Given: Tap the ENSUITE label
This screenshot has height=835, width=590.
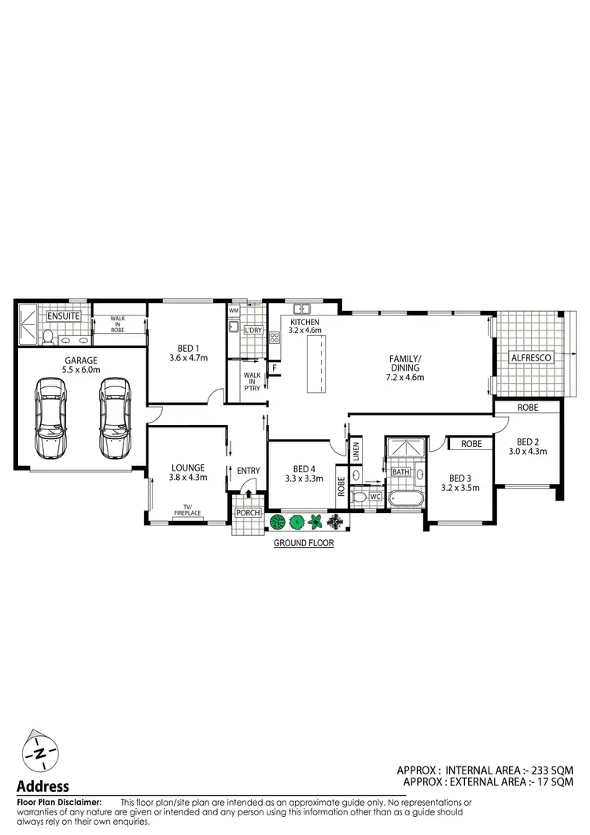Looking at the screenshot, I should (x=65, y=316).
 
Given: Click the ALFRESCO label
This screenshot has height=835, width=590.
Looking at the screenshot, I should (x=531, y=357).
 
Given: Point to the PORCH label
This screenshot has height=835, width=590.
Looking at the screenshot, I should (x=249, y=513).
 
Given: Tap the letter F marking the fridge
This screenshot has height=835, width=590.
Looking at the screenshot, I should (x=275, y=368).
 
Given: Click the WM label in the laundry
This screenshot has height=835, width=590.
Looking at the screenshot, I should (x=234, y=311).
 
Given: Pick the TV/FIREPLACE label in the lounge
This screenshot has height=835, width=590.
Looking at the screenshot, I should (x=187, y=510).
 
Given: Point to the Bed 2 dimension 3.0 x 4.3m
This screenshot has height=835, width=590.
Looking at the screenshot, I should (x=526, y=452).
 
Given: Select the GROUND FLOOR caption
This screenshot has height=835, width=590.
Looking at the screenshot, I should (x=304, y=542).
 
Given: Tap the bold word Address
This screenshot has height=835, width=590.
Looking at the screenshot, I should (x=43, y=785).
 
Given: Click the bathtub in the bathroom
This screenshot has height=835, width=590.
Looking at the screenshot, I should (x=404, y=498).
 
